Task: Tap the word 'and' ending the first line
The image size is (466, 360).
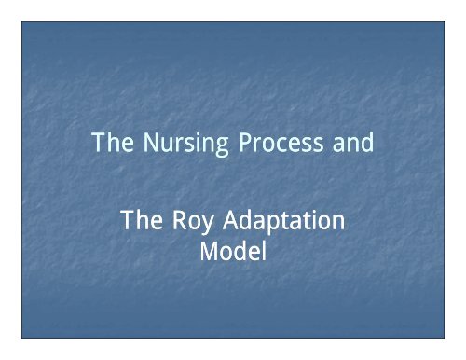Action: [349, 145]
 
